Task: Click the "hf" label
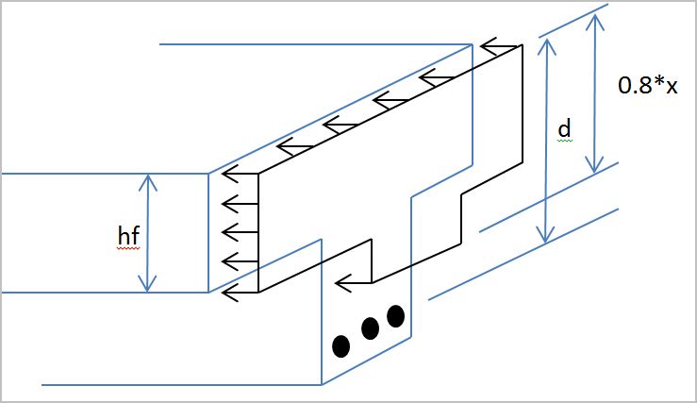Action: coord(128,235)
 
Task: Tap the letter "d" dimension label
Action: coord(564,128)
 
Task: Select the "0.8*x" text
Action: coord(648,85)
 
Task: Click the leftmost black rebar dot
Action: coord(340,346)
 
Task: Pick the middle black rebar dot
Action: coord(370,328)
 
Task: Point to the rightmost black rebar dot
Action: coord(395,316)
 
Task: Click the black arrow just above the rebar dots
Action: coord(354,283)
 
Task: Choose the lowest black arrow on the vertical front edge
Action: coord(241,293)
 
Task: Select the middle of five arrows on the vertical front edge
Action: coord(241,232)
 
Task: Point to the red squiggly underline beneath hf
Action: coord(129,248)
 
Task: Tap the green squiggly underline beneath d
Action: coord(565,140)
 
